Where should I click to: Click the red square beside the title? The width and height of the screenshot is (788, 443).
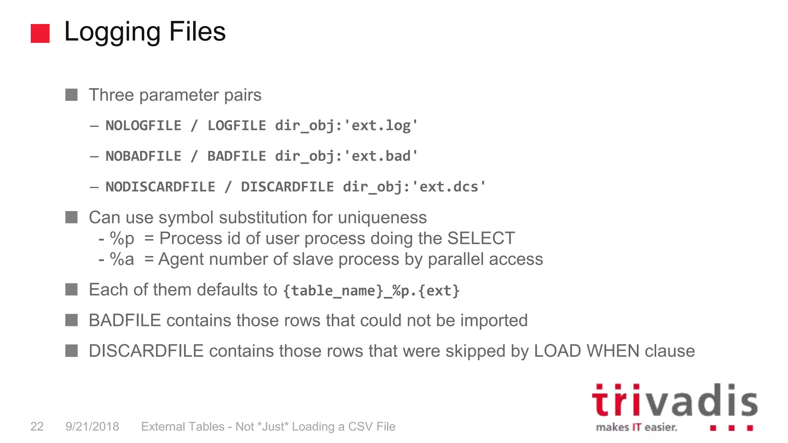(x=40, y=33)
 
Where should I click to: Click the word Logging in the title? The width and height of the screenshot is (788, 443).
(x=112, y=32)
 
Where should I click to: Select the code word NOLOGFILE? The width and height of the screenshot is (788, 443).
(x=143, y=126)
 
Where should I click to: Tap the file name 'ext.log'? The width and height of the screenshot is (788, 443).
(x=381, y=126)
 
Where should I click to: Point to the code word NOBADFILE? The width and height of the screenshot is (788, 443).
(x=143, y=156)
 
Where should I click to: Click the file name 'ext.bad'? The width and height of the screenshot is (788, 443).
(x=381, y=156)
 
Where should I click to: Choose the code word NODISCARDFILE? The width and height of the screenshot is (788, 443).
(x=160, y=187)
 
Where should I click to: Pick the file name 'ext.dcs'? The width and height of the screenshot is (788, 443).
(x=448, y=187)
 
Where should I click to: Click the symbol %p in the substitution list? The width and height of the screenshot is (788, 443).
(x=122, y=239)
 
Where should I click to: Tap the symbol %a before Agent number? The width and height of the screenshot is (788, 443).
(x=122, y=260)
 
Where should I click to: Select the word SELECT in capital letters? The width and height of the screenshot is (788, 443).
(x=481, y=238)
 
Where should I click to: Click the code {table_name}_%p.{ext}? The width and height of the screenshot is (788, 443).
(x=371, y=291)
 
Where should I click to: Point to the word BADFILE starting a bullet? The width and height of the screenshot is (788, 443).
(x=125, y=320)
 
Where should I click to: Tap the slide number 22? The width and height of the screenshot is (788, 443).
(x=37, y=426)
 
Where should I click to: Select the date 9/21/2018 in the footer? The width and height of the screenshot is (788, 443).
(x=92, y=426)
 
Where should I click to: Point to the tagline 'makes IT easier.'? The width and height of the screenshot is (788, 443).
(x=636, y=427)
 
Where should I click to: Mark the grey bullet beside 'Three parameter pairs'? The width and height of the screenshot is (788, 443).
(x=72, y=95)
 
